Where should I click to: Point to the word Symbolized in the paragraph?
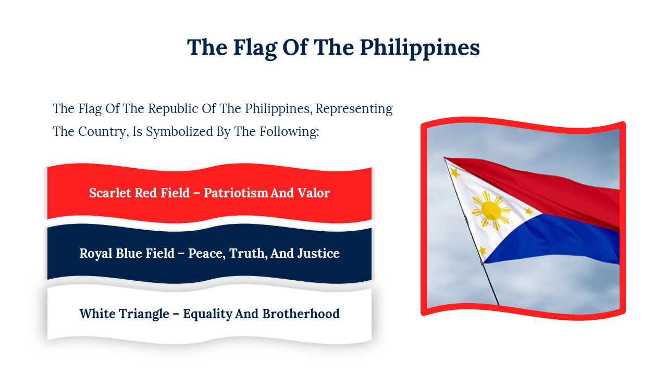[180, 132]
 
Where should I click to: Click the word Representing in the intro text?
[354, 109]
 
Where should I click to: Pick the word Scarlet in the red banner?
[109, 193]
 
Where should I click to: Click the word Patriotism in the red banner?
[236, 193]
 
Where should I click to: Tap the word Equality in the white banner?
[207, 314]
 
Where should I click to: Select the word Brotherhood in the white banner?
[301, 314]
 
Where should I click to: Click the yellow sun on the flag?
[491, 210]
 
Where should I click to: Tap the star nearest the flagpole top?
[455, 172]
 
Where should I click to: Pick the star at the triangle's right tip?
[529, 211]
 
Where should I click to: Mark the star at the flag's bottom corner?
[483, 251]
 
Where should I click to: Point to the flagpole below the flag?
[491, 284]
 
